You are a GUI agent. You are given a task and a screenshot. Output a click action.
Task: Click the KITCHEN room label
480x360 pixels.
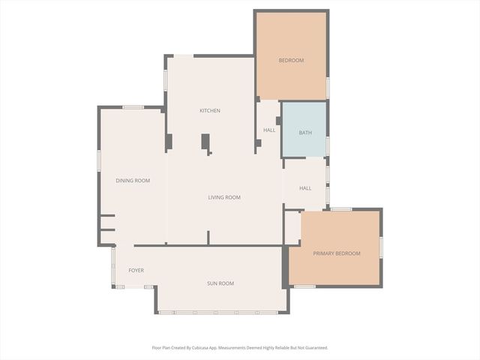pyautogui.click(x=209, y=111)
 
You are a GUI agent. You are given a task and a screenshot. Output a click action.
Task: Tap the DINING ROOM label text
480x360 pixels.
pyautogui.click(x=133, y=181)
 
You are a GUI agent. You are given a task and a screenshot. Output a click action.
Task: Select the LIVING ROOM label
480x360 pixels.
pyautogui.click(x=224, y=197)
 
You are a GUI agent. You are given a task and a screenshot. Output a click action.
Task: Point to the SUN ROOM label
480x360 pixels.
pyautogui.click(x=220, y=283)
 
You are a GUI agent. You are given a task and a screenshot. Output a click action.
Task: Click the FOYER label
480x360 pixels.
pyautogui.click(x=136, y=270)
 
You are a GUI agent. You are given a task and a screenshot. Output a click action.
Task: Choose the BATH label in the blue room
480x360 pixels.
pyautogui.click(x=305, y=133)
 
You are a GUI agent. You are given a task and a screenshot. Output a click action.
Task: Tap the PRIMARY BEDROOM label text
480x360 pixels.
pyautogui.click(x=337, y=253)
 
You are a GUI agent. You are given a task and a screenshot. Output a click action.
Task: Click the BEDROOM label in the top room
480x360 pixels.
pyautogui.click(x=291, y=60)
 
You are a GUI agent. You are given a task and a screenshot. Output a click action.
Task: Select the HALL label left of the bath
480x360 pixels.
pyautogui.click(x=269, y=130)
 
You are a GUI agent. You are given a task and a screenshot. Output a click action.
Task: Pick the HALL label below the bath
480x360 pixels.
pyautogui.click(x=305, y=188)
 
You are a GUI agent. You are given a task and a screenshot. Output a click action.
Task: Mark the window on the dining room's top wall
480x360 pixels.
pyautogui.click(x=133, y=107)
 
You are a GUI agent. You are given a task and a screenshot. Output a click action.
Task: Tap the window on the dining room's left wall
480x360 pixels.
pyautogui.click(x=98, y=161)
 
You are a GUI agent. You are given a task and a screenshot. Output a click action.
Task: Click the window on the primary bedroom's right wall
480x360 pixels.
pyautogui.click(x=381, y=247)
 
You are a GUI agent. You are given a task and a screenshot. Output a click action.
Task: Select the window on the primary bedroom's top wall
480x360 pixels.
pyautogui.click(x=341, y=209)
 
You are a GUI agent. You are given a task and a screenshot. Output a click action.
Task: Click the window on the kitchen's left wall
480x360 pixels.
pyautogui.click(x=166, y=80)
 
